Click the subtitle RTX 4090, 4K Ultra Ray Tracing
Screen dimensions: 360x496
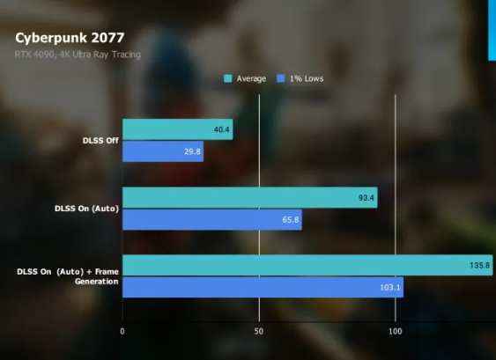click(78, 55)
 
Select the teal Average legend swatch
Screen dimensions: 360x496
click(229, 78)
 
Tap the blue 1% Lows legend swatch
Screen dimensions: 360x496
click(281, 78)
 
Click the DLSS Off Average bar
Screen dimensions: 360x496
click(176, 130)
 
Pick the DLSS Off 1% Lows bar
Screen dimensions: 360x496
click(162, 151)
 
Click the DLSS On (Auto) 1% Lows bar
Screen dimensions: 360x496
click(211, 219)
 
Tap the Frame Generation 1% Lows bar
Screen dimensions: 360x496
click(262, 287)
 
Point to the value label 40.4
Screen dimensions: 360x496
click(221, 130)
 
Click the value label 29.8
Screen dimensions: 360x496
click(193, 151)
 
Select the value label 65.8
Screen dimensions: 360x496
click(291, 219)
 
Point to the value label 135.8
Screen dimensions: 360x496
click(480, 266)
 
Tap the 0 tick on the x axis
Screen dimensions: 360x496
click(122, 331)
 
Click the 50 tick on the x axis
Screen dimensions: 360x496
click(258, 331)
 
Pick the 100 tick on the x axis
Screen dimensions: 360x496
click(395, 331)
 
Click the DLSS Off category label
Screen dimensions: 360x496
click(99, 140)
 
